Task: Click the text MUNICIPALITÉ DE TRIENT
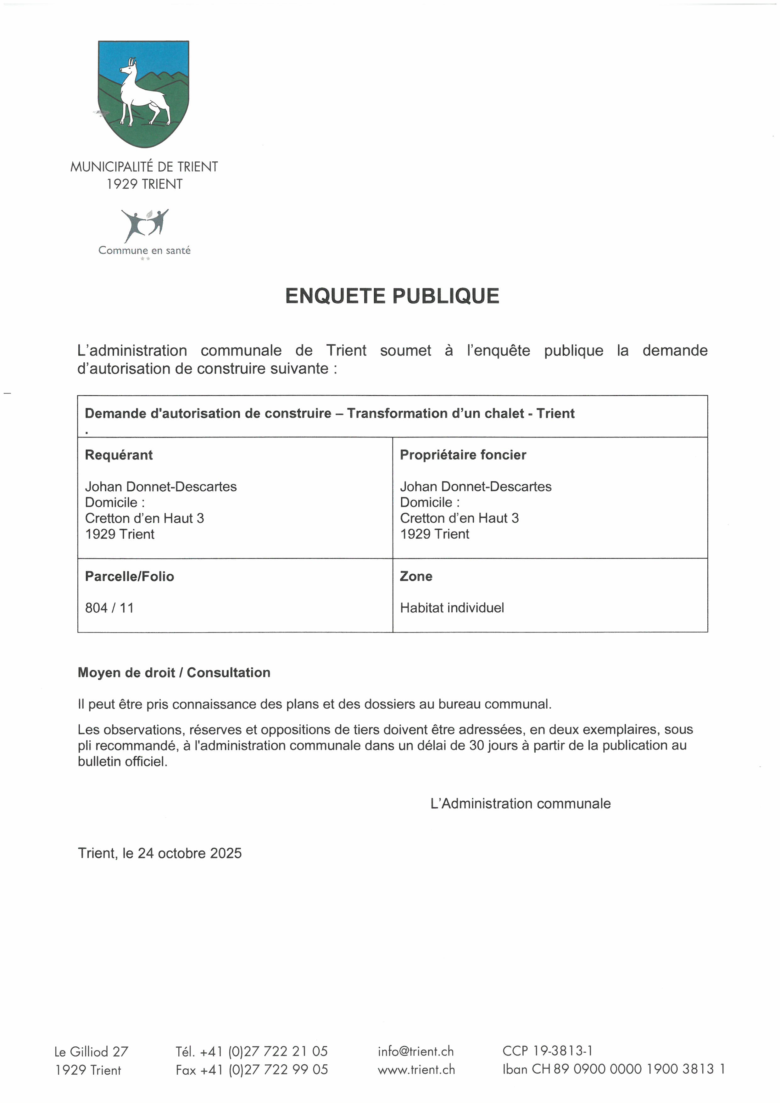[144, 167]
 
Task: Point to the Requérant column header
[119, 455]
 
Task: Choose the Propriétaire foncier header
[463, 455]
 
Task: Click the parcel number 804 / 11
[109, 608]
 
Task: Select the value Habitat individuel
[452, 608]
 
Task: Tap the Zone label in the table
[416, 577]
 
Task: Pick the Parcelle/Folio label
[129, 577]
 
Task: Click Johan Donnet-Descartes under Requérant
[161, 487]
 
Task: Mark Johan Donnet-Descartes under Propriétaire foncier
[476, 487]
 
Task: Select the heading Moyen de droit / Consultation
[174, 672]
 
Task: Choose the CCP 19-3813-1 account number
[548, 1051]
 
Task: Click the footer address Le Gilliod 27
[91, 1052]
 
